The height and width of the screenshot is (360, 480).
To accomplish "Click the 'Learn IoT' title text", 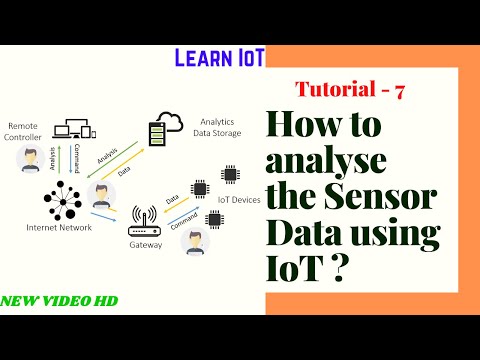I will (218, 57).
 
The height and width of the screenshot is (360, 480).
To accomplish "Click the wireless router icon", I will (145, 217).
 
